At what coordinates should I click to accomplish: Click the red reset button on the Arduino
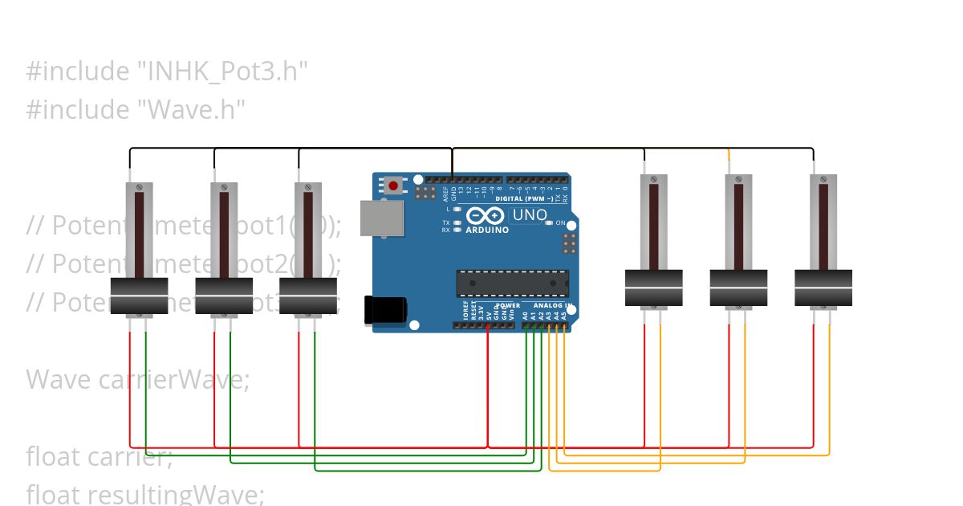click(x=393, y=186)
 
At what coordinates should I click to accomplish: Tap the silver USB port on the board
click(x=381, y=218)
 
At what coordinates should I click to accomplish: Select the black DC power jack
click(x=384, y=311)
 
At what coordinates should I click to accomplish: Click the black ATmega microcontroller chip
click(x=512, y=284)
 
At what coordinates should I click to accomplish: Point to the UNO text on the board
click(x=529, y=215)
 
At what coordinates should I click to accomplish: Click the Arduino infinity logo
click(x=485, y=216)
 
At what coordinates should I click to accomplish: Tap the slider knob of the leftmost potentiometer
click(x=139, y=296)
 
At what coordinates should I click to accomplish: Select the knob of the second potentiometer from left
click(x=224, y=296)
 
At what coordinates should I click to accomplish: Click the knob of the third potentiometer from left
click(x=308, y=296)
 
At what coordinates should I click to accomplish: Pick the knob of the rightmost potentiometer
click(x=823, y=288)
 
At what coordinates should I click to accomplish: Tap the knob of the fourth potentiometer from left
click(x=654, y=288)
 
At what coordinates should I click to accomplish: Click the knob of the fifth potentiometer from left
click(x=738, y=288)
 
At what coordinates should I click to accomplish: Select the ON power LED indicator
click(x=550, y=222)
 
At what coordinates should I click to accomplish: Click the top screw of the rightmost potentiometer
click(x=823, y=178)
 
